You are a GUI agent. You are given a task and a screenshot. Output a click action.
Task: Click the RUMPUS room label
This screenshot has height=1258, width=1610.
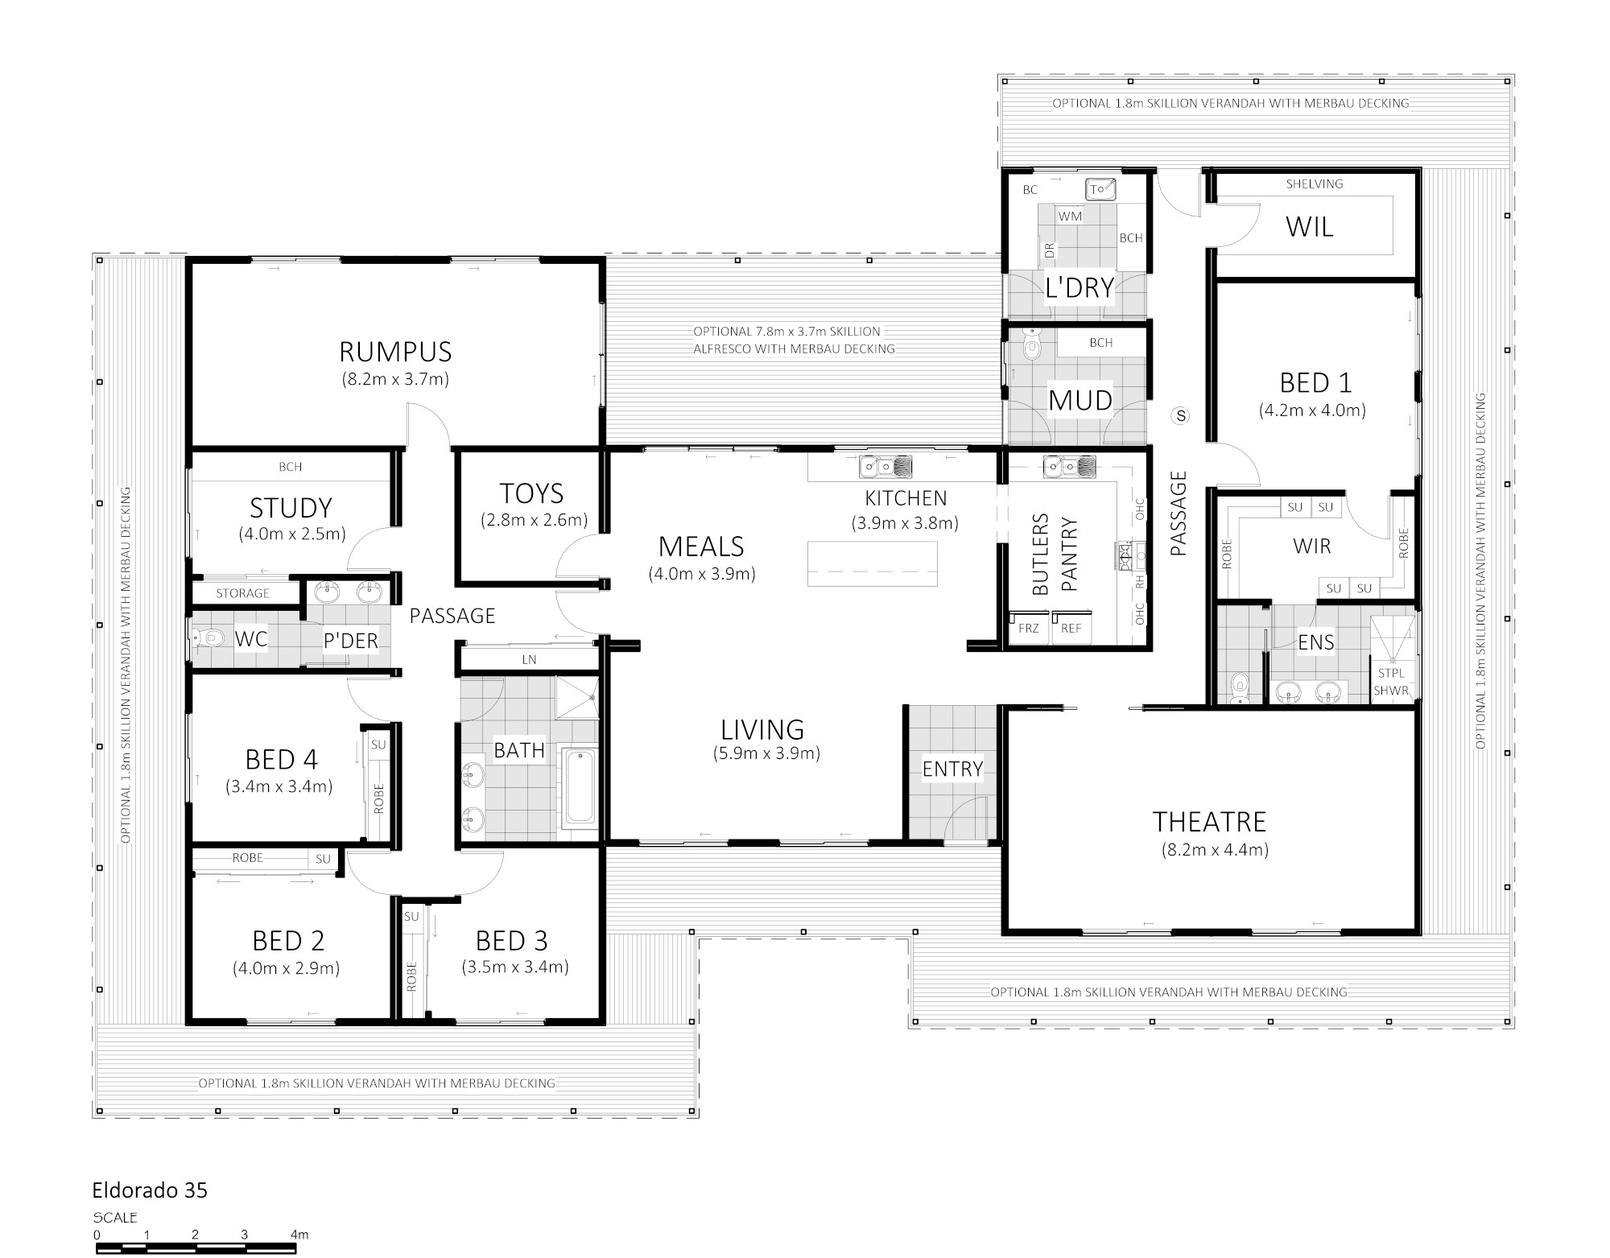pyautogui.click(x=395, y=352)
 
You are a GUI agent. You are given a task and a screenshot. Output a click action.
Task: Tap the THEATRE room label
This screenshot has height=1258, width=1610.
pyautogui.click(x=1209, y=822)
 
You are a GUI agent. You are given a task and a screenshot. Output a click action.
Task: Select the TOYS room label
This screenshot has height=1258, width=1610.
pyautogui.click(x=531, y=493)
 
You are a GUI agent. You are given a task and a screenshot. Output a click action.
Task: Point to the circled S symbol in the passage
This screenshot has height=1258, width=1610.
pyautogui.click(x=1181, y=415)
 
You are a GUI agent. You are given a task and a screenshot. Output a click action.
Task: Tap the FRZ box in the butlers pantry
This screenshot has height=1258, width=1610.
pyautogui.click(x=1029, y=629)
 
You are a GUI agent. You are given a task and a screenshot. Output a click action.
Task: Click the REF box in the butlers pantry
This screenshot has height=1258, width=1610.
pyautogui.click(x=1071, y=629)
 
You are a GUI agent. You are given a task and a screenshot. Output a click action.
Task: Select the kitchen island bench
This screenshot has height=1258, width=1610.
pyautogui.click(x=873, y=563)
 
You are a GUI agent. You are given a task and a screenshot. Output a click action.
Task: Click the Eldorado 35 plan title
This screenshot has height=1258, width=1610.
pyautogui.click(x=150, y=1190)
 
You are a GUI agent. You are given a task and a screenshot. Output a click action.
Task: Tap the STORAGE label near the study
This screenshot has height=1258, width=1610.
pyautogui.click(x=242, y=593)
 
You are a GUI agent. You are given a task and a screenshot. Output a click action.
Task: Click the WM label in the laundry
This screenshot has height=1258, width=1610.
pyautogui.click(x=1070, y=217)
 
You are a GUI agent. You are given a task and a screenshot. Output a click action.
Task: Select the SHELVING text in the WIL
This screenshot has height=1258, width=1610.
pyautogui.click(x=1315, y=184)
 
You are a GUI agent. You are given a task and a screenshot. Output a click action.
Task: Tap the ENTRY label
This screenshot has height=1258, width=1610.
pyautogui.click(x=952, y=769)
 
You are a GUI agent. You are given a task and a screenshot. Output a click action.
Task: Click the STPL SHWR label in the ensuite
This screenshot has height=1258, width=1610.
pyautogui.click(x=1391, y=682)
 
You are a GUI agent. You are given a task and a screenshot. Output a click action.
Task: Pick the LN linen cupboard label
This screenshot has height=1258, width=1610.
pyautogui.click(x=529, y=660)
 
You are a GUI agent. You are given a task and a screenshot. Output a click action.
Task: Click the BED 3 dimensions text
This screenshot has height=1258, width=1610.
pyautogui.click(x=515, y=967)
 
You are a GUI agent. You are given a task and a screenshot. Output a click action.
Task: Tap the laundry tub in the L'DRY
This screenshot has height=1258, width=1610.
pyautogui.click(x=1100, y=189)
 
